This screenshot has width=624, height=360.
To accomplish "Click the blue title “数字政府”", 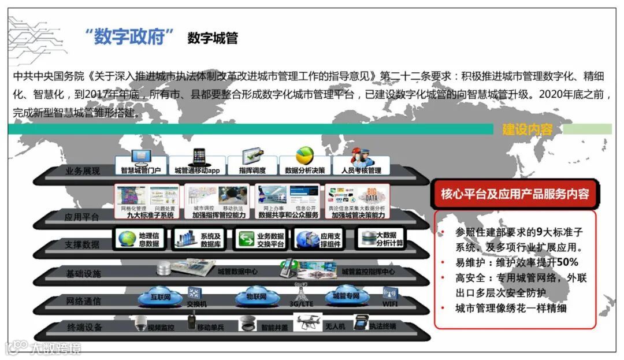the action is tap(129, 38).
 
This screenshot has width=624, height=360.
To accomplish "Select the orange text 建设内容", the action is tap(527, 129).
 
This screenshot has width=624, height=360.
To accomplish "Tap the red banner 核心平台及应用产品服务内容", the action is tap(515, 194).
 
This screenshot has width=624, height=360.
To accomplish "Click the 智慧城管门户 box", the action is tap(141, 164).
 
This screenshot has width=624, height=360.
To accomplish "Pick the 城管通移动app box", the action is tap(197, 164).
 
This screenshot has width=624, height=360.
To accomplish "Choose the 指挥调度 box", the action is tap(252, 164).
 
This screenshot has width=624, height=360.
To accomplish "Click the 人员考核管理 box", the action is tap(361, 164).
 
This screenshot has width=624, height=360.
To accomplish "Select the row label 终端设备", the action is tap(85, 328).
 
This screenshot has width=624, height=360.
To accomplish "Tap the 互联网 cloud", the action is tap(160, 297).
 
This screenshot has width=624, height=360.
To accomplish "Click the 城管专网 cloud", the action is tap(346, 296).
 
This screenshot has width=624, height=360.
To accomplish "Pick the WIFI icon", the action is tap(390, 295).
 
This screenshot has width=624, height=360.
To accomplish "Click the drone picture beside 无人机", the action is tap(307, 322).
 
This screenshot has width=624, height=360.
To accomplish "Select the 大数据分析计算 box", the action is tap(381, 239).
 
